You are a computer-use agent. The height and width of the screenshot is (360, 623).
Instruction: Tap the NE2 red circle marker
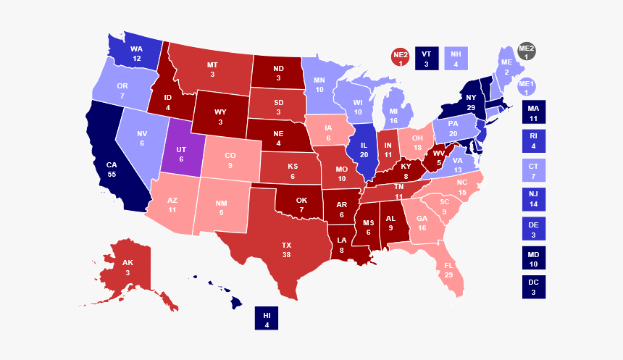coord(401,58)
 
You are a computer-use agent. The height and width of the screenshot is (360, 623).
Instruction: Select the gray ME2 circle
coord(527,52)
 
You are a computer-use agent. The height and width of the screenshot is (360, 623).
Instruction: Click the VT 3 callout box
coord(426,58)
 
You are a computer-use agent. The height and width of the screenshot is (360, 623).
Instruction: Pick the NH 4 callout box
coord(456,58)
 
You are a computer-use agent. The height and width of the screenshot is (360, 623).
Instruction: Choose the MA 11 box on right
coord(533,112)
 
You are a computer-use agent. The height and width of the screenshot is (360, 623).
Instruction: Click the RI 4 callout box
coord(533,141)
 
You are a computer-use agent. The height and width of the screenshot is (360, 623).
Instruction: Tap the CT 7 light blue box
coord(533,171)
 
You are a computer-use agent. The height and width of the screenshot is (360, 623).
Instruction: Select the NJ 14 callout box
coord(533,200)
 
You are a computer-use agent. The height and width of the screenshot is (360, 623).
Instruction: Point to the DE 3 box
coord(533,230)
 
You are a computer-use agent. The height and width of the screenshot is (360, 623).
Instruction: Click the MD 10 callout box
coord(533,259)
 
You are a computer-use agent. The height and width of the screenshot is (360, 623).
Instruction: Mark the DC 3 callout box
coord(533,287)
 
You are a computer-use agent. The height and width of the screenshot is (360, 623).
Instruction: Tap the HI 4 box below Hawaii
coord(266,319)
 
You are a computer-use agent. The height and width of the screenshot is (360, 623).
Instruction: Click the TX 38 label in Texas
coord(286,250)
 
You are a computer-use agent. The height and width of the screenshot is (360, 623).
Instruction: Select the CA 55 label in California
coord(112,169)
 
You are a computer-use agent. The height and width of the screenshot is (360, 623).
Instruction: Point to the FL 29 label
coord(448,271)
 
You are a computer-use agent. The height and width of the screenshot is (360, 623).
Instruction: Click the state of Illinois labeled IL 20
coord(364,150)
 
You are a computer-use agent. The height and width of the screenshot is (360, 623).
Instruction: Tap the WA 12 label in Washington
coord(136,54)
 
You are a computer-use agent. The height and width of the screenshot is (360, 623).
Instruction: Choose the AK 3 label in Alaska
coord(127,267)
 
